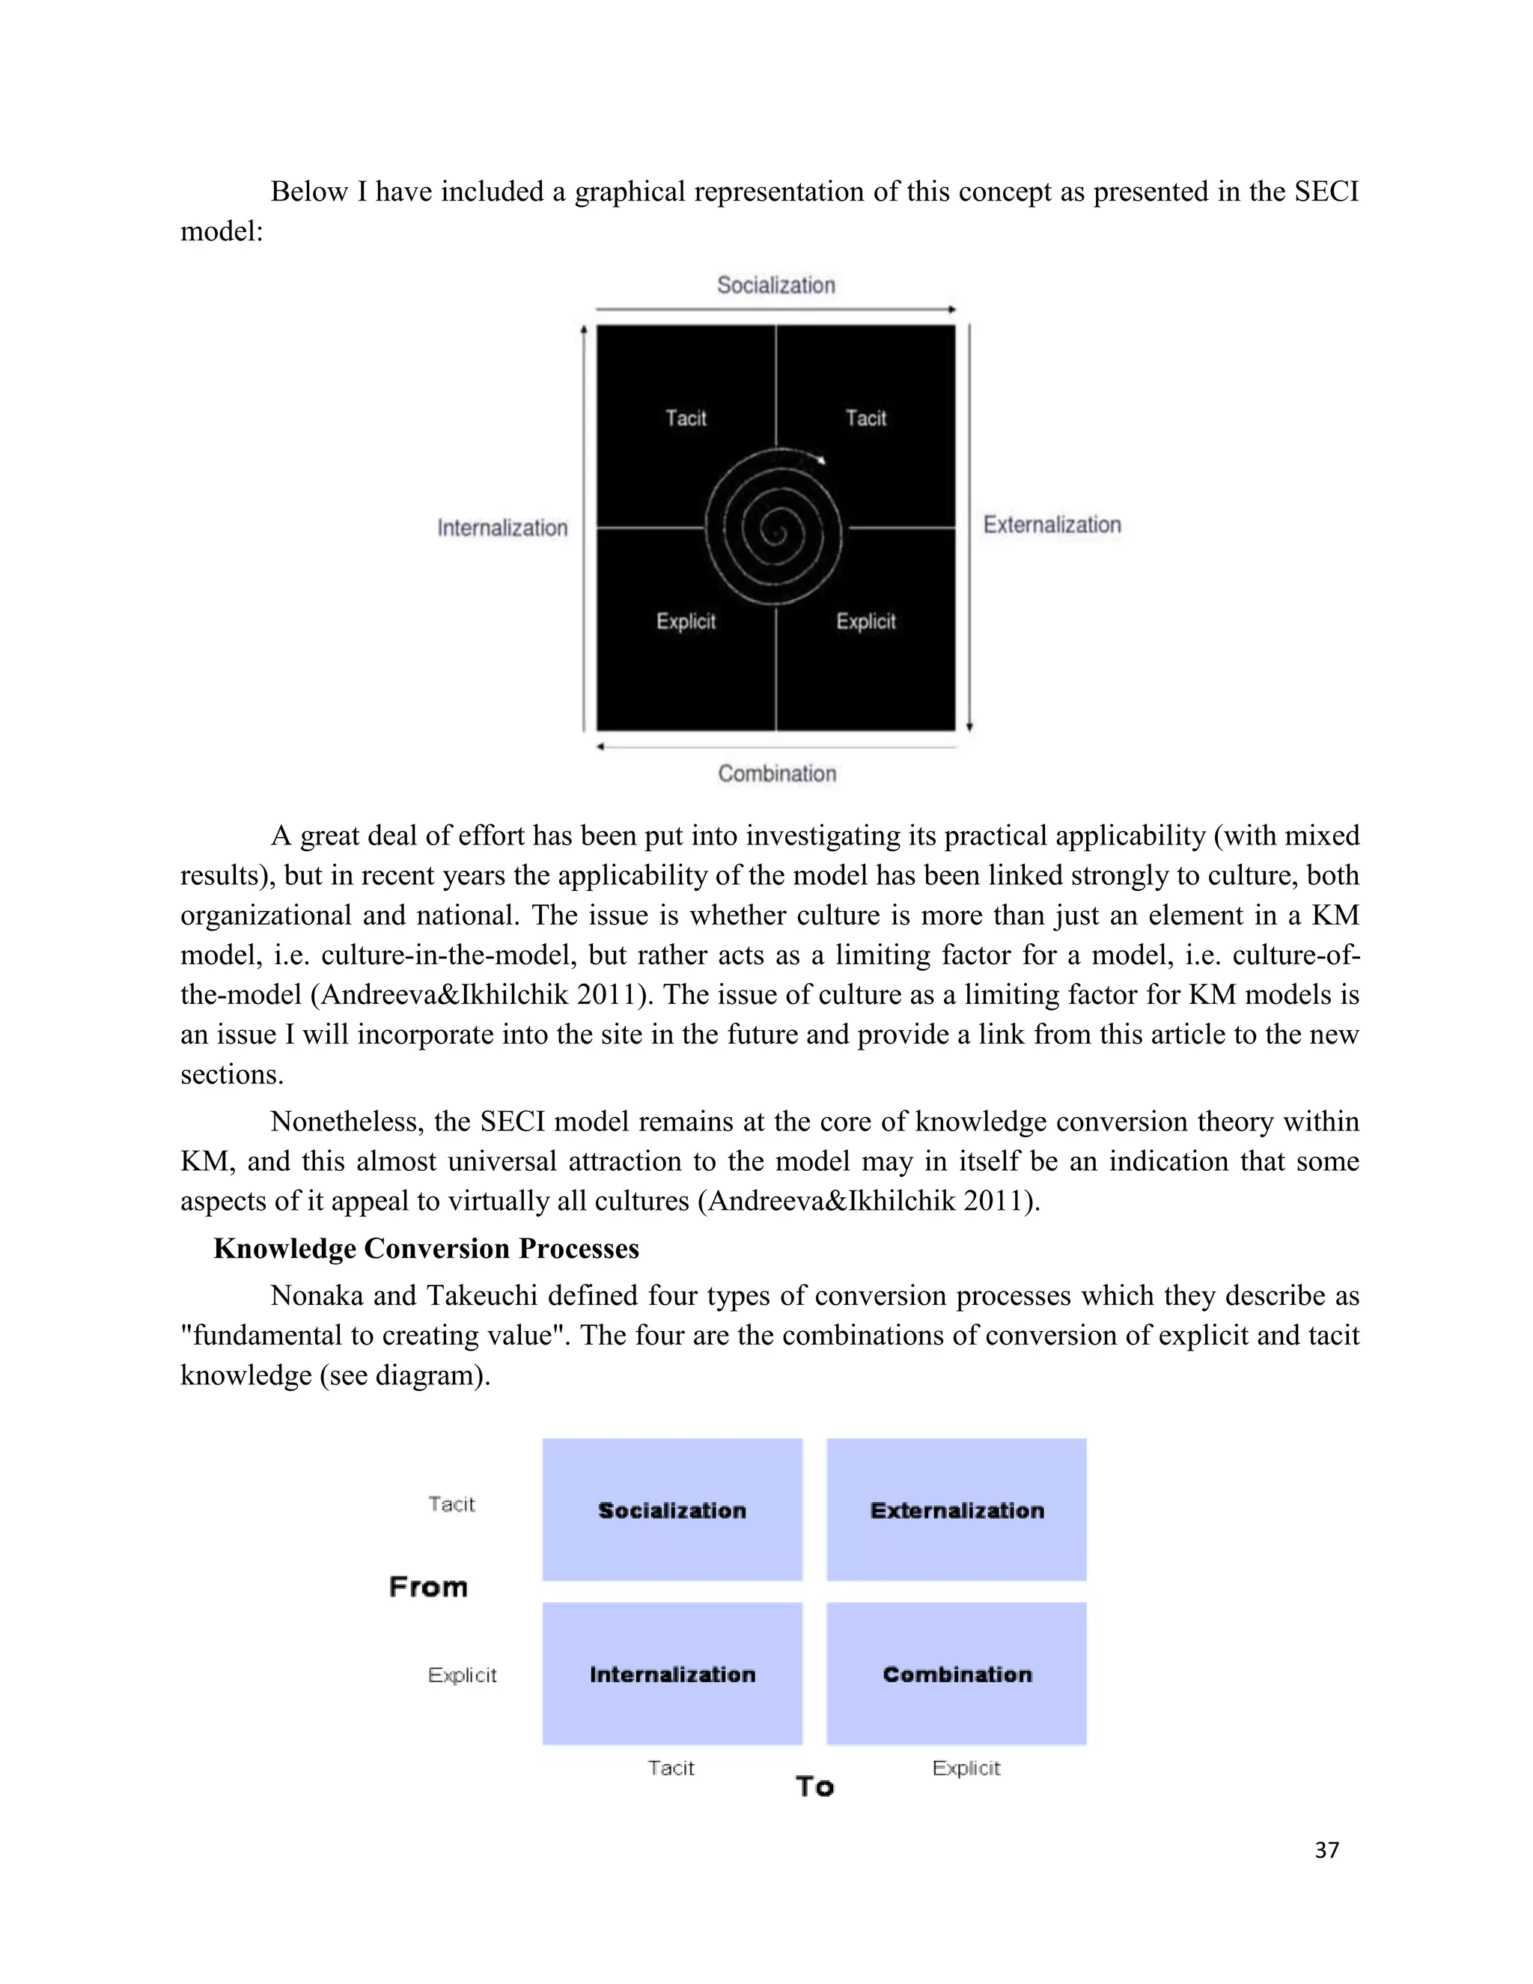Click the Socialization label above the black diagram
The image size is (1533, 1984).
775,285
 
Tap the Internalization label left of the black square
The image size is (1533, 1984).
502,528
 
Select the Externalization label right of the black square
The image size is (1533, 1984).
1052,525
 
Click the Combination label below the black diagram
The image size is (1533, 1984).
776,774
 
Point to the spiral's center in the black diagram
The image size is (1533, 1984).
774,529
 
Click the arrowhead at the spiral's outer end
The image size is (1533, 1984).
821,460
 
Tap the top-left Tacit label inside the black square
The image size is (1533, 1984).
686,418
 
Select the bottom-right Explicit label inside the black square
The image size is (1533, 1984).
865,621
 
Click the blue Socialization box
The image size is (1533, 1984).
672,1510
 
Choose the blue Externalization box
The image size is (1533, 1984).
957,1510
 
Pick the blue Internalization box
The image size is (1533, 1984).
672,1674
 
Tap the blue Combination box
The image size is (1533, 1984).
957,1674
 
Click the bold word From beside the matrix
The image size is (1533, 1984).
427,1587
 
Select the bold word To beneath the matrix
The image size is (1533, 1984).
814,1787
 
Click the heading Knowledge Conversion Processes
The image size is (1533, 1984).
426,1248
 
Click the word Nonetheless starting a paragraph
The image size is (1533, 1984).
348,1122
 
